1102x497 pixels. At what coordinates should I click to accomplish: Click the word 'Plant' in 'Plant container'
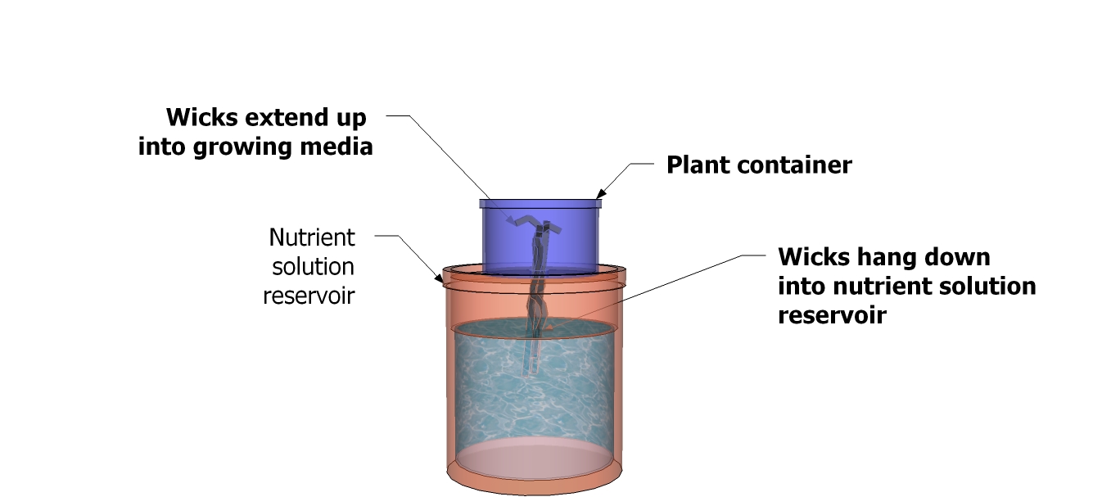click(x=696, y=165)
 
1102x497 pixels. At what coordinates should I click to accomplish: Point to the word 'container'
click(x=792, y=165)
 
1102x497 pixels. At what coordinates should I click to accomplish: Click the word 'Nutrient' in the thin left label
click(x=312, y=237)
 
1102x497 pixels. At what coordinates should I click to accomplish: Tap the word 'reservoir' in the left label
click(x=309, y=295)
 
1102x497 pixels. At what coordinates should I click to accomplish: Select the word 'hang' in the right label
click(x=875, y=257)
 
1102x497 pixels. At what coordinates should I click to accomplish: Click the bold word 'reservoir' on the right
click(x=832, y=315)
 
